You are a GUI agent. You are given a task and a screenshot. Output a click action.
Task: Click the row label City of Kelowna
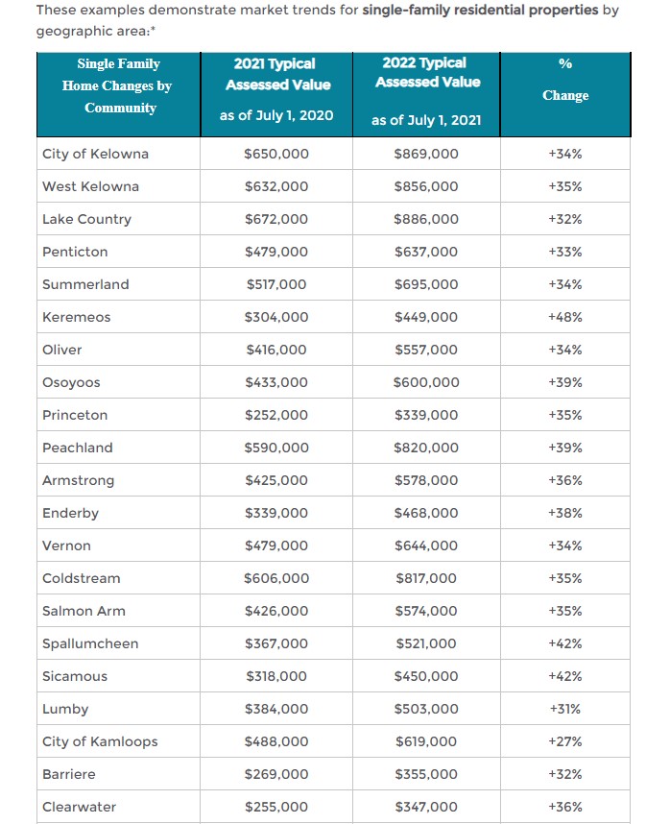95,154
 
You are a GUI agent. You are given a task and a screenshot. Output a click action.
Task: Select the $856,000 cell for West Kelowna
426,186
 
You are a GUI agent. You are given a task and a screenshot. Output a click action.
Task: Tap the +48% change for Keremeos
564,317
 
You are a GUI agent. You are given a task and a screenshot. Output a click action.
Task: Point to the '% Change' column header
564,80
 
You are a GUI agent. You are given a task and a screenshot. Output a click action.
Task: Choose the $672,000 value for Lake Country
276,219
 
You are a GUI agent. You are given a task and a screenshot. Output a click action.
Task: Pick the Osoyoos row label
71,382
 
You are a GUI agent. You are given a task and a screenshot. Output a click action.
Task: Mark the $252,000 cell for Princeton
276,415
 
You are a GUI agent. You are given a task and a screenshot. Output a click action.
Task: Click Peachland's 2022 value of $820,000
426,448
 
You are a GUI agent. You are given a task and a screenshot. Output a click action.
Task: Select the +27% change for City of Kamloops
564,741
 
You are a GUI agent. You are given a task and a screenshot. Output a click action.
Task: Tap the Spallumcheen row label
90,643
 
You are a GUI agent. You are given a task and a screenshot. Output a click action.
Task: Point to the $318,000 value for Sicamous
276,676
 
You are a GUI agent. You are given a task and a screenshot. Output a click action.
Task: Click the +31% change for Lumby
564,709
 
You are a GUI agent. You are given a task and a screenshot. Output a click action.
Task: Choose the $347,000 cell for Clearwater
426,807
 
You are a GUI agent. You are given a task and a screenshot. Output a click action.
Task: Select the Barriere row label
69,774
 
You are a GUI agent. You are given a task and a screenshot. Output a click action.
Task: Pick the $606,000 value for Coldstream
276,578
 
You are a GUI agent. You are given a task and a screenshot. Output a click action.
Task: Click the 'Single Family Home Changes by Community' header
118,85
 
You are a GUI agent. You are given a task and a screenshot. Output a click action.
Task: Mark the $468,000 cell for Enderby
426,513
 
